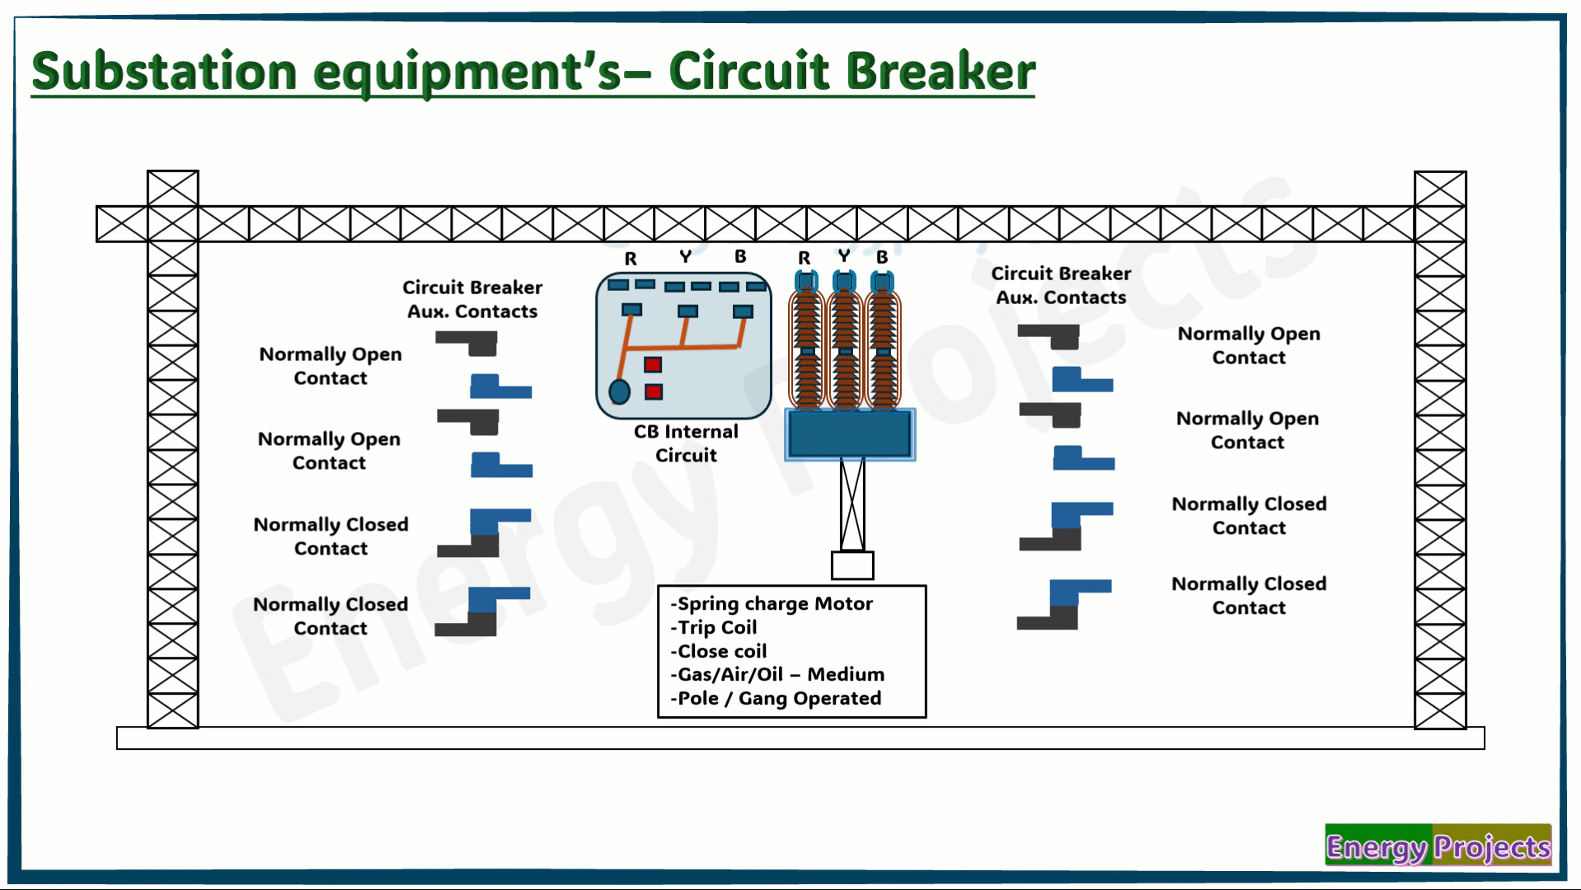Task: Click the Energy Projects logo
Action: click(x=1438, y=845)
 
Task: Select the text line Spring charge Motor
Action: click(x=772, y=604)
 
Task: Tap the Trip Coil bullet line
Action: click(x=714, y=627)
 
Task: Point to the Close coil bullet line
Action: click(x=719, y=651)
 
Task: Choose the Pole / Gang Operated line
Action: click(x=776, y=699)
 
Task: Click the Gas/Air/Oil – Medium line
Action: click(x=777, y=674)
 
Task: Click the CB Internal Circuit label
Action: click(x=686, y=443)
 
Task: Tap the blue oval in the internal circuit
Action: click(x=619, y=391)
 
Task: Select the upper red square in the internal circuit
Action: click(x=653, y=364)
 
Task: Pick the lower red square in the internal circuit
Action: click(x=654, y=391)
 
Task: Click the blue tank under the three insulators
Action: click(x=850, y=433)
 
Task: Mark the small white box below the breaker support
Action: click(x=852, y=565)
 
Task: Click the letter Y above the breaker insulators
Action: click(x=843, y=256)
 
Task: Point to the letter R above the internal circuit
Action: click(x=631, y=259)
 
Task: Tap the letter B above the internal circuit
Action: click(x=740, y=256)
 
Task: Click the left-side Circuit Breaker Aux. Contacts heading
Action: click(x=472, y=299)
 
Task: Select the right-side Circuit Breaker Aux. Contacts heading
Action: click(x=1061, y=285)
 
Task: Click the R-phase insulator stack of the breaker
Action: click(x=807, y=340)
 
